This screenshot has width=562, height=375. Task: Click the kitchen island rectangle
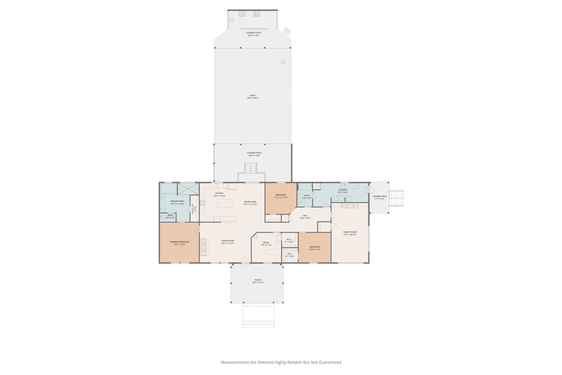(x=224, y=203)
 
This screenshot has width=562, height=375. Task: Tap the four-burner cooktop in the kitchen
(x=203, y=203)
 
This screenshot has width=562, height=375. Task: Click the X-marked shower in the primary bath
(x=188, y=189)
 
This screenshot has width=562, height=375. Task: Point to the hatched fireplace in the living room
(x=203, y=248)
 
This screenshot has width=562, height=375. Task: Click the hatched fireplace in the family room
(x=350, y=206)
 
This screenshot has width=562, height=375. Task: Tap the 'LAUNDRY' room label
(x=343, y=190)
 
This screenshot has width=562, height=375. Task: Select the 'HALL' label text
(x=305, y=216)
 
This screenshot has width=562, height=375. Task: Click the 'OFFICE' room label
(x=266, y=243)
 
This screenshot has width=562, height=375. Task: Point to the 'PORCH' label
(x=258, y=280)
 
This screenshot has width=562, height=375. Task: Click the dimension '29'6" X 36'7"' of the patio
(x=252, y=98)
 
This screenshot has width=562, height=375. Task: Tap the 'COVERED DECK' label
(x=380, y=196)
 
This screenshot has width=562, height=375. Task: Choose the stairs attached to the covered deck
(x=396, y=198)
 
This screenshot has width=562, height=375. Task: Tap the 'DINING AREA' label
(x=250, y=202)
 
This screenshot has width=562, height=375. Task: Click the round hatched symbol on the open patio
(x=283, y=62)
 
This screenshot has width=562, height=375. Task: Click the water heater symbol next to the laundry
(x=316, y=186)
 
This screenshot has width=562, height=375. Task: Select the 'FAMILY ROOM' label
(x=350, y=232)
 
